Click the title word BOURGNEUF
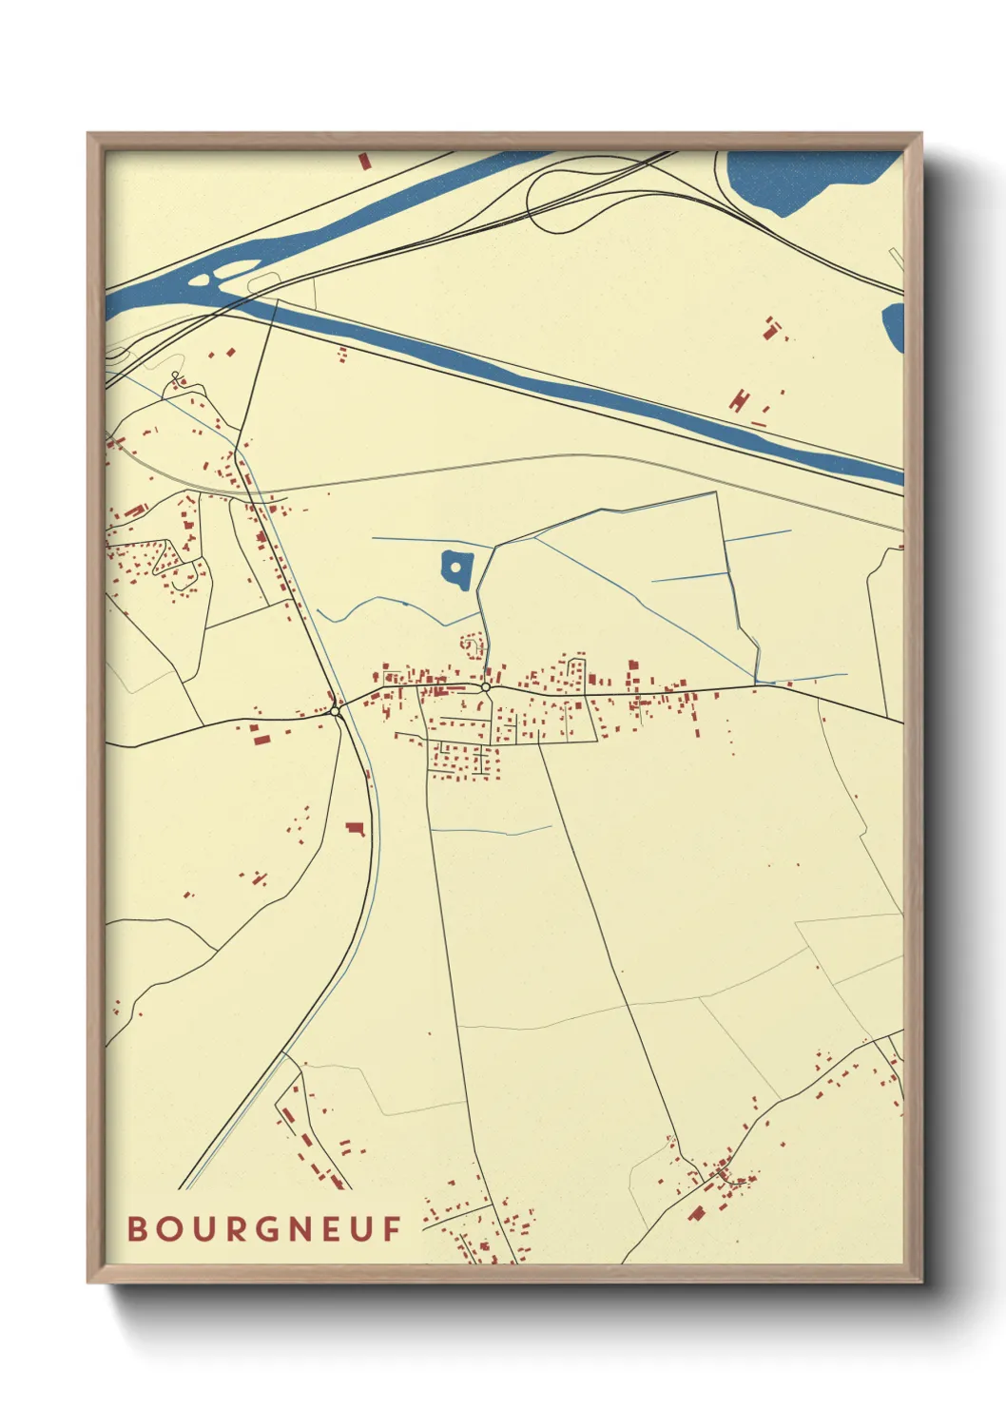click(x=264, y=1229)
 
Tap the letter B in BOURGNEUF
click(x=137, y=1229)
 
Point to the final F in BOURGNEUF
click(x=393, y=1229)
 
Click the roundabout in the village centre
click(x=485, y=686)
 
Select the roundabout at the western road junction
click(x=335, y=710)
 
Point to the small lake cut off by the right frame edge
click(x=893, y=326)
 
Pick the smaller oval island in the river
click(x=200, y=280)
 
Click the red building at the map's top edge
click(x=363, y=161)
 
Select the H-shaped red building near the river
click(x=739, y=398)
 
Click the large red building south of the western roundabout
click(x=356, y=828)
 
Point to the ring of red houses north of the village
click(x=470, y=646)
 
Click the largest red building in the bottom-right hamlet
click(x=696, y=1213)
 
